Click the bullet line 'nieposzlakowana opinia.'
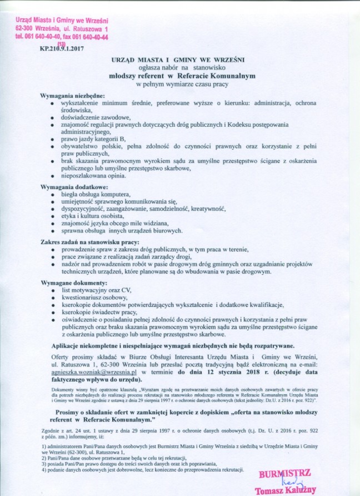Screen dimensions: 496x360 (x=94, y=176)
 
